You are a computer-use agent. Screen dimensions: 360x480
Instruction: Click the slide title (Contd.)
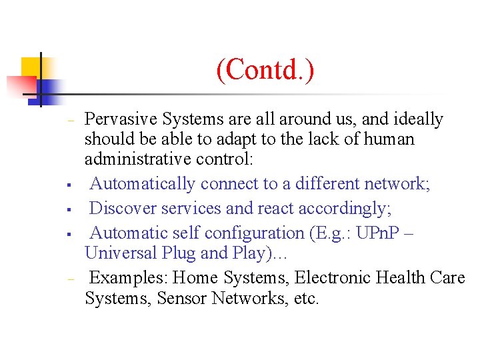(265, 70)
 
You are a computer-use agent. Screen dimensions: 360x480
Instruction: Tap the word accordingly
(344, 208)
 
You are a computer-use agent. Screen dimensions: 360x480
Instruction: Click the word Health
(407, 277)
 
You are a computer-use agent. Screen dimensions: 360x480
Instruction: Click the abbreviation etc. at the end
(306, 299)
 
